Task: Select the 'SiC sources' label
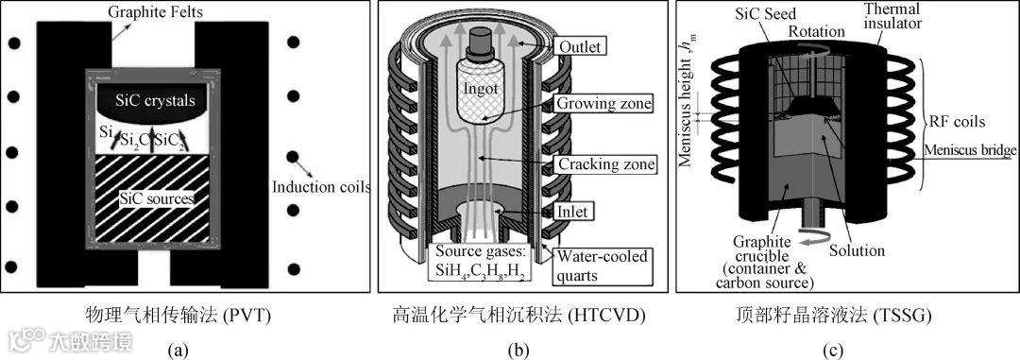click(x=155, y=198)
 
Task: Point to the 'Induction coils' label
click(x=321, y=188)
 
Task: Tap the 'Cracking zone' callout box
click(x=603, y=164)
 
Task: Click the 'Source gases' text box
click(x=479, y=262)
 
